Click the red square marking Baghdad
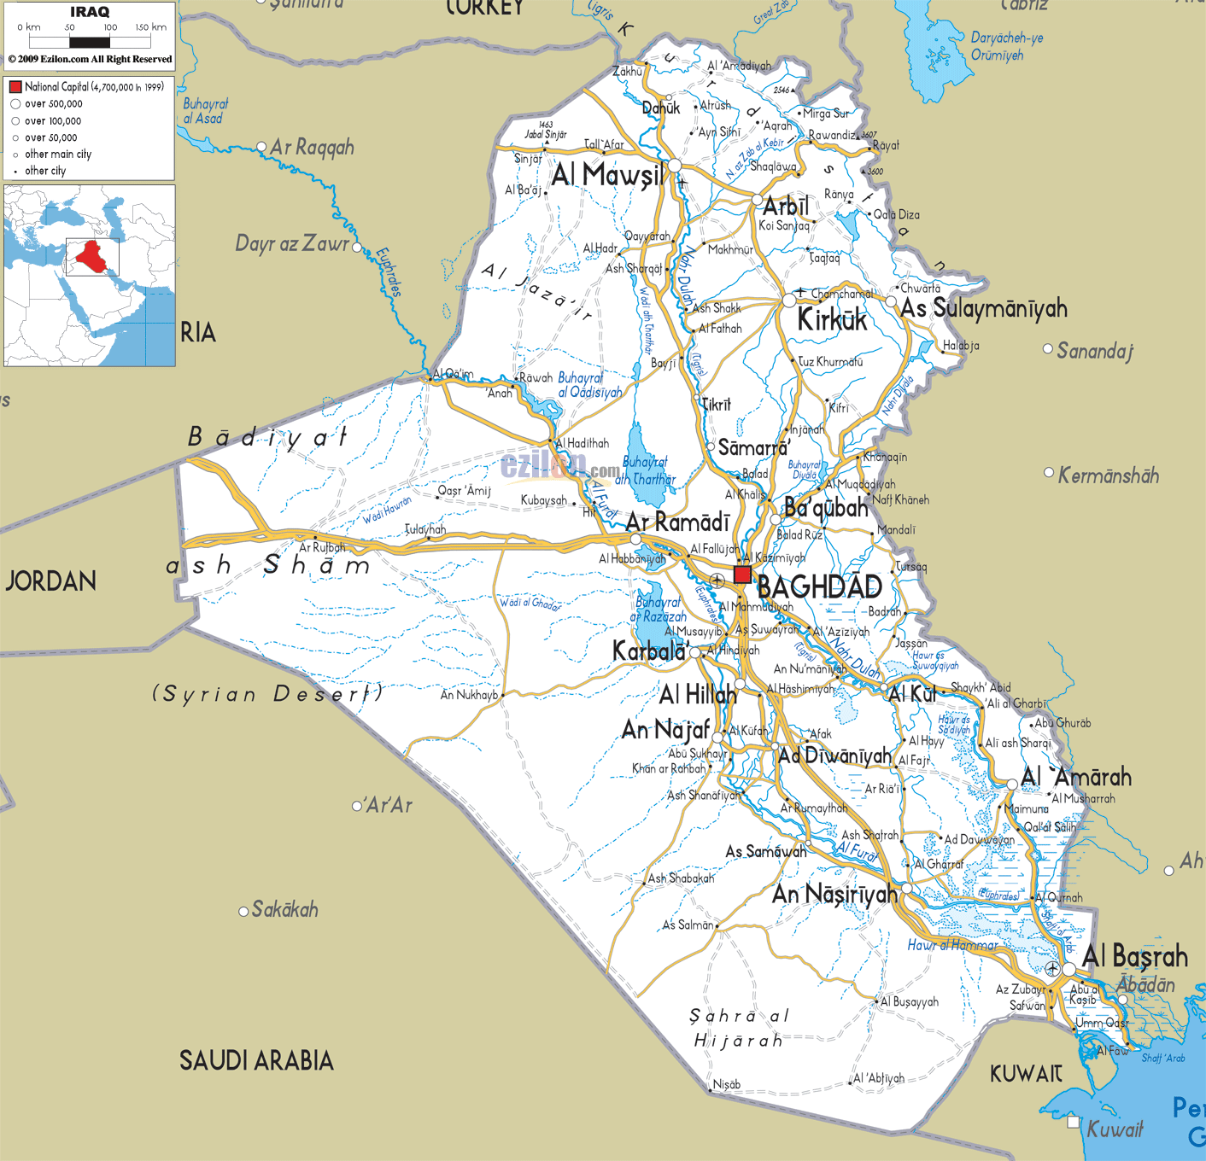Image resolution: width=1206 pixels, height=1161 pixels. click(742, 575)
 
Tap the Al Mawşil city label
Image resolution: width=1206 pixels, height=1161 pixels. click(607, 175)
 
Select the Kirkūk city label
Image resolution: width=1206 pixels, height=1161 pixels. click(832, 320)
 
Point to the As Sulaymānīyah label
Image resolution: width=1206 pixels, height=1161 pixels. click(984, 308)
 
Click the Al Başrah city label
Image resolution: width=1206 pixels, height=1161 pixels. click(1134, 957)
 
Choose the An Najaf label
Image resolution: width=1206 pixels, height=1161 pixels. click(665, 730)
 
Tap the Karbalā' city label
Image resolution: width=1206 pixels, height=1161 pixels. click(650, 652)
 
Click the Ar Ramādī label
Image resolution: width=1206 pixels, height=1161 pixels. click(677, 522)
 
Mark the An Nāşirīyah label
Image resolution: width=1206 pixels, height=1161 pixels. click(834, 894)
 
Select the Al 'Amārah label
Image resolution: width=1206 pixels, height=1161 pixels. click(1076, 777)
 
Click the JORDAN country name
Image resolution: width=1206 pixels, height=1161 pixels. click(51, 581)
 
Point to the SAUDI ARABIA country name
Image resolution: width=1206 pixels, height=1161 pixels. click(256, 1060)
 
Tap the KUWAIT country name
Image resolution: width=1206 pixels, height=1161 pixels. click(1026, 1074)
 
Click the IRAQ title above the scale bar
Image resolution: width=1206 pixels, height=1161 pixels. click(90, 12)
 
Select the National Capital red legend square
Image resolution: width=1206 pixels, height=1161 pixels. click(15, 87)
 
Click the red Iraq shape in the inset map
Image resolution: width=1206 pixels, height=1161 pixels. click(90, 254)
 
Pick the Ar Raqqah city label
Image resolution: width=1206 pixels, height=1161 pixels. click(312, 148)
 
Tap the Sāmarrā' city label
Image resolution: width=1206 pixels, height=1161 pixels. click(753, 448)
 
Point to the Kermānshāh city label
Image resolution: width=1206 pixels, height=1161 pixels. click(1108, 475)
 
